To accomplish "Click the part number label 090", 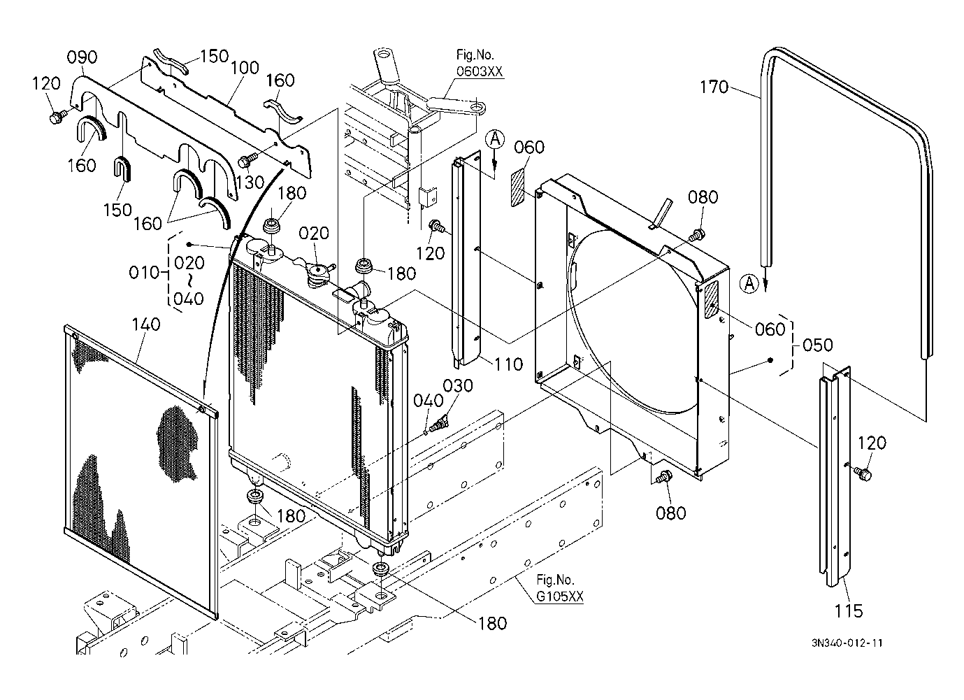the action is (x=82, y=57).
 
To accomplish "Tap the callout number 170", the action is (x=714, y=87).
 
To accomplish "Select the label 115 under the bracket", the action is (x=849, y=611).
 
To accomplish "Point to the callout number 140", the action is (x=146, y=324).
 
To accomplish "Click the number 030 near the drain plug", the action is (x=458, y=386).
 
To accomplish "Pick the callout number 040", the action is (x=429, y=401).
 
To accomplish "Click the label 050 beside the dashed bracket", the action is (x=818, y=345).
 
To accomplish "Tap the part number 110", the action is (x=508, y=364).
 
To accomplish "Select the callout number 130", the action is (x=250, y=183).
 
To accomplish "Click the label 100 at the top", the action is (x=245, y=68).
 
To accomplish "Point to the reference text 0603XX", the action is (x=480, y=71).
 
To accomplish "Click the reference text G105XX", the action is (x=559, y=597).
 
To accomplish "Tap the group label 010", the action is (x=144, y=273).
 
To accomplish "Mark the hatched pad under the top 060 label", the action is (x=518, y=187).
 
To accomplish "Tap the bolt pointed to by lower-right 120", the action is (x=861, y=473).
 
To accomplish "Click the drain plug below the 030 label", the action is (x=439, y=423).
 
